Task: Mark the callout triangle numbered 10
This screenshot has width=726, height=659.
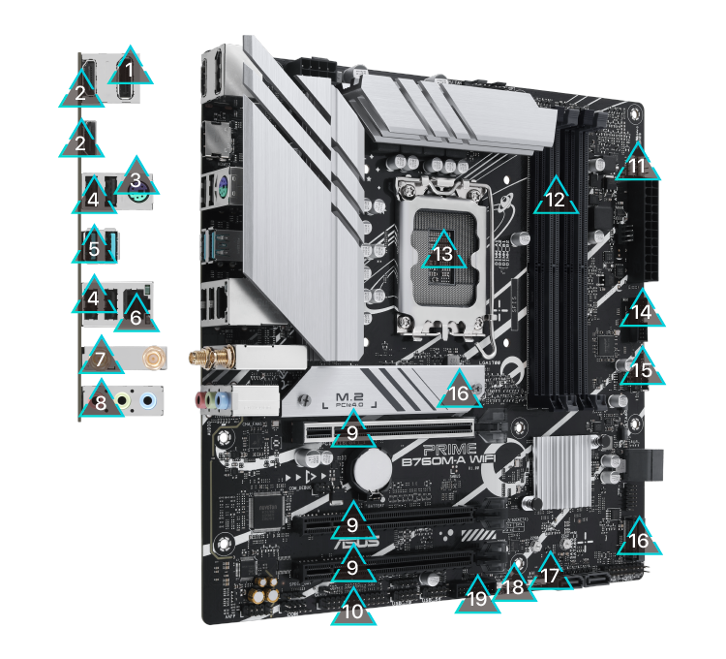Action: (x=353, y=612)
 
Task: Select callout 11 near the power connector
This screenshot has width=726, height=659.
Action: (x=637, y=166)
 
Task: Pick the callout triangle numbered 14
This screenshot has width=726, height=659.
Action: (x=642, y=312)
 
